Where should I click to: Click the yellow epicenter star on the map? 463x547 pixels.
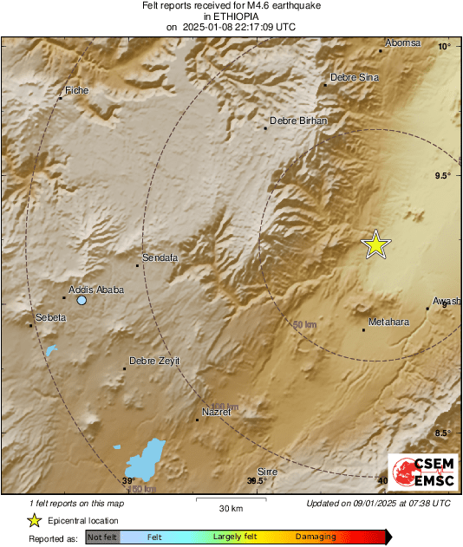pos(375,244)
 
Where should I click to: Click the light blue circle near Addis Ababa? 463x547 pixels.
pos(82,300)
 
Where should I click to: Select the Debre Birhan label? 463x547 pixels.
pos(299,120)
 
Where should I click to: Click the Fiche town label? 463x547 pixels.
pos(77,90)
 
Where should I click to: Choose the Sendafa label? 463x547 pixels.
pos(160,257)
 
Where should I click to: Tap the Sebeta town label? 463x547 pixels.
pos(49,317)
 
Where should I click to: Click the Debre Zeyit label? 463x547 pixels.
pos(153,361)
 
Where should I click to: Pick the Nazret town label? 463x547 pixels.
pos(216,412)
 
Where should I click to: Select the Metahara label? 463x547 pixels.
pos(388,322)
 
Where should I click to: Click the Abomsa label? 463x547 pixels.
pos(402,43)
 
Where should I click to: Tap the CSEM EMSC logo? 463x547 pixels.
pos(422,472)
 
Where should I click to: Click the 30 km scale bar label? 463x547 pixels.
pos(231,507)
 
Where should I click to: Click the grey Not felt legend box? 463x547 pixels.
pos(102,537)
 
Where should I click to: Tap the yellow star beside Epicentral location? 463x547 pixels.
pos(33,520)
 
